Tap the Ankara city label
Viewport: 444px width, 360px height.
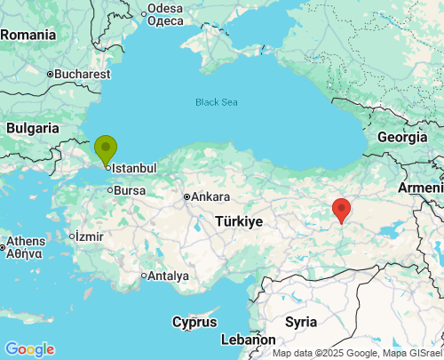[x=210, y=197]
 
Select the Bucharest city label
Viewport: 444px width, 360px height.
[x=82, y=75]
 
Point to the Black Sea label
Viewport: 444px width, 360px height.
[x=217, y=102]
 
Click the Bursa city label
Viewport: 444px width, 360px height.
[x=130, y=190]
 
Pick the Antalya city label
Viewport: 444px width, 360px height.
[x=169, y=276]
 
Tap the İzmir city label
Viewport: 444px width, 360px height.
[x=90, y=236]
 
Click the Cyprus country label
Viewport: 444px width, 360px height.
[x=194, y=321]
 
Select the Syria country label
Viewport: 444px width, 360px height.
[x=301, y=321]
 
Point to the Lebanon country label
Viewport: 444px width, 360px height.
[x=248, y=340]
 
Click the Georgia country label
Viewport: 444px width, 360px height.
[x=401, y=137]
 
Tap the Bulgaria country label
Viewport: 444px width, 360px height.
[x=32, y=128]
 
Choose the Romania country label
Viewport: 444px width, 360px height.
[x=28, y=35]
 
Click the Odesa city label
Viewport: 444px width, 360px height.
[x=165, y=8]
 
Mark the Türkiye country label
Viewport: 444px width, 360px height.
[x=238, y=220]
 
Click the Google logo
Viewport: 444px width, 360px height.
[x=29, y=349]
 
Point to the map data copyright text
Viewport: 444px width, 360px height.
[x=356, y=353]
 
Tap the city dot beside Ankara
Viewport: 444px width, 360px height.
[x=186, y=197]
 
